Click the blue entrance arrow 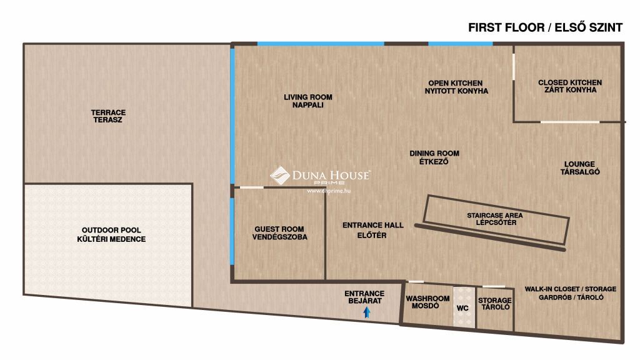[x=367, y=312]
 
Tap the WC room [x=464, y=307]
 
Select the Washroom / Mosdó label [x=427, y=302]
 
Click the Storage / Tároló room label [x=495, y=304]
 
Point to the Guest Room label [x=279, y=233]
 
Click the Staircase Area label [x=495, y=219]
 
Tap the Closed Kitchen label [x=570, y=86]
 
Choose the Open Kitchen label [x=456, y=87]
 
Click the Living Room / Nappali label [x=307, y=101]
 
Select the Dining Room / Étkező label [x=434, y=157]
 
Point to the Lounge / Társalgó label [x=579, y=167]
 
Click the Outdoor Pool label [x=111, y=235]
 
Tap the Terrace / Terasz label [x=108, y=116]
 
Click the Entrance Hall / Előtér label [x=372, y=230]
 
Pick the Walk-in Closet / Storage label [x=571, y=293]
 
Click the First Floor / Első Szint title [x=545, y=27]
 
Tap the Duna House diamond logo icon [x=279, y=176]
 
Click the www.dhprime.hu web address [x=329, y=191]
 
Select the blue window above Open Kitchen [x=461, y=44]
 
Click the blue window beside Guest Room [x=232, y=231]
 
